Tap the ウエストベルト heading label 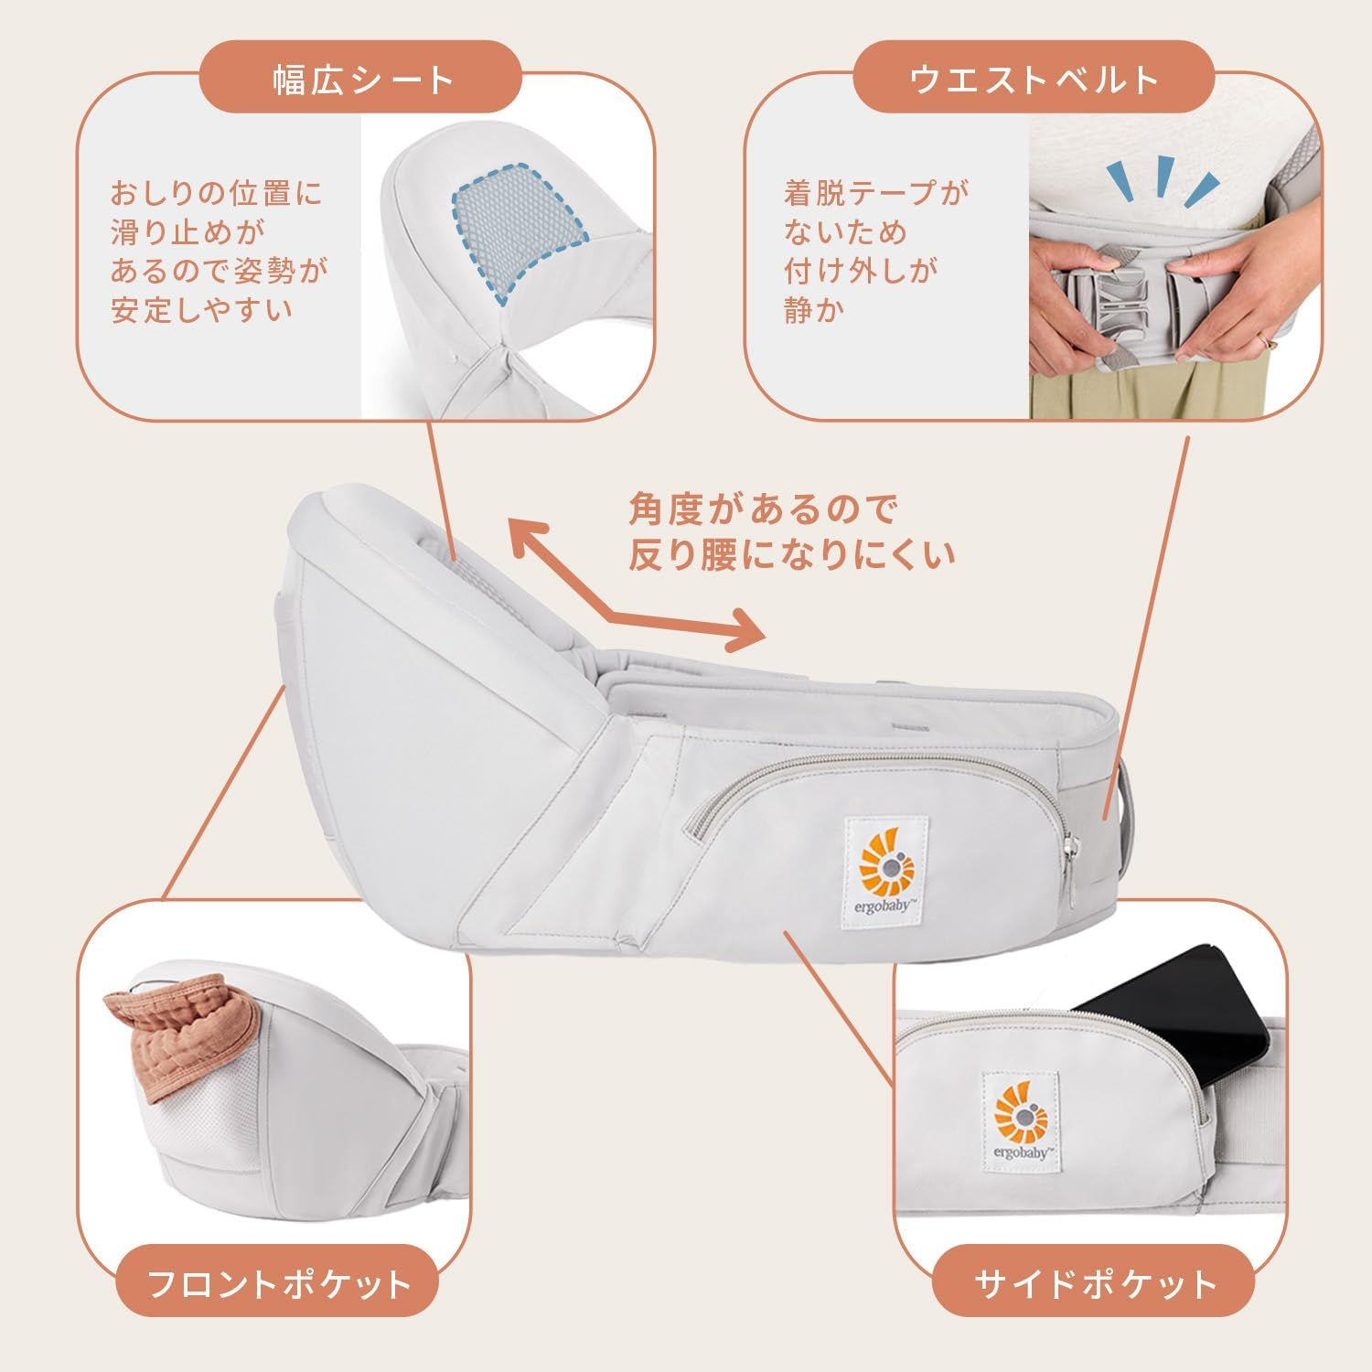pos(1034,80)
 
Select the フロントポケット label pos(279,1284)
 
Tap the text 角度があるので pos(763,509)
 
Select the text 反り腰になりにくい pos(791,555)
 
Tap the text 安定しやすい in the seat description pos(201,309)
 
